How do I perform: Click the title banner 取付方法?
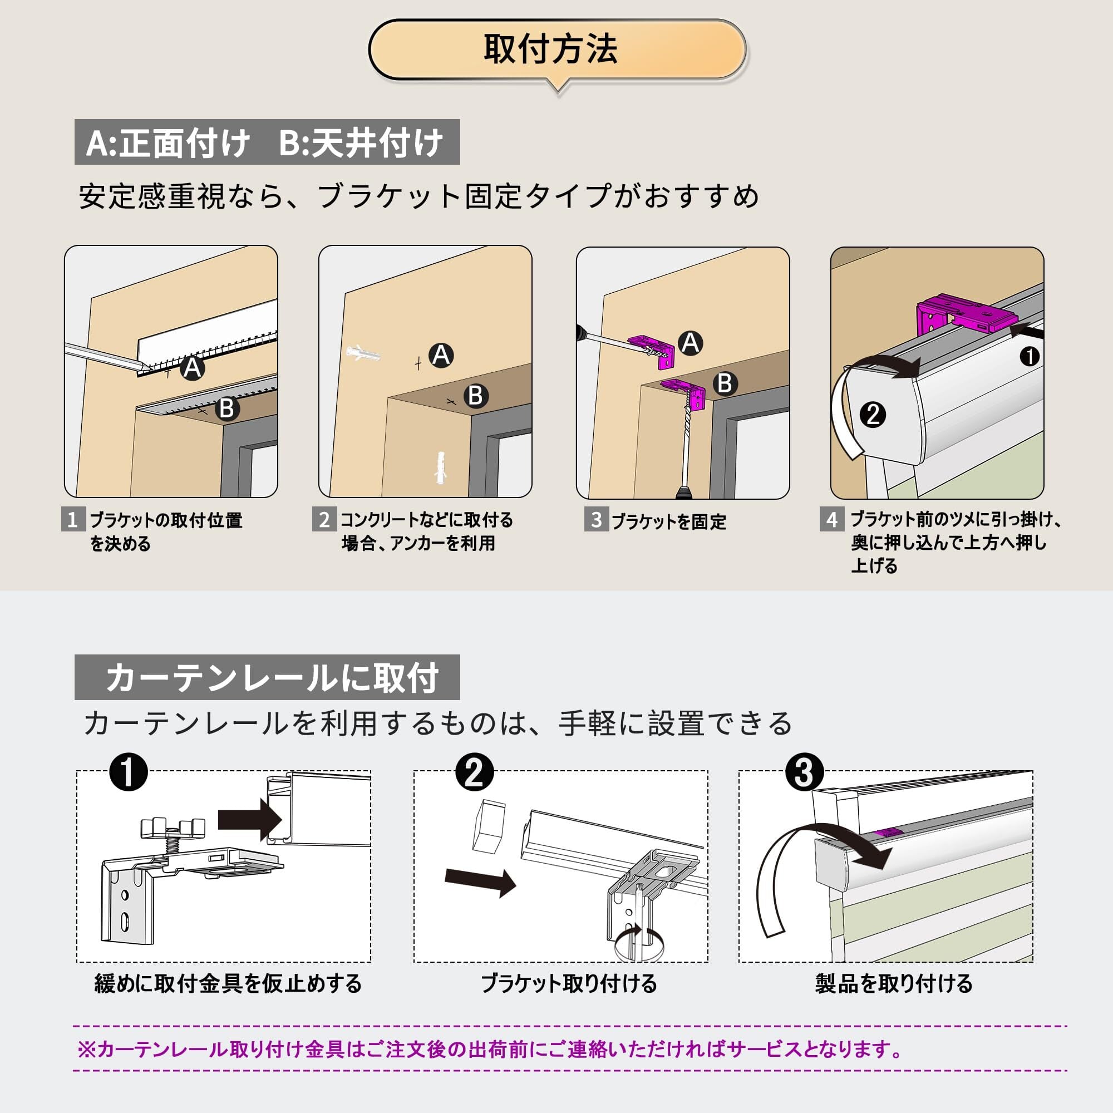pyautogui.click(x=556, y=50)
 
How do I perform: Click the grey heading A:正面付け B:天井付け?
pyautogui.click(x=267, y=142)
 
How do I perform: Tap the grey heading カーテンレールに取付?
pyautogui.click(x=267, y=677)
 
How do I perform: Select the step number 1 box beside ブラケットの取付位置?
pyautogui.click(x=73, y=520)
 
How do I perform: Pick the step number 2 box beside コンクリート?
pyautogui.click(x=324, y=520)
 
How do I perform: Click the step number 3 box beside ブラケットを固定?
pyautogui.click(x=596, y=520)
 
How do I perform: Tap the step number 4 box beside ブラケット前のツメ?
pyautogui.click(x=832, y=520)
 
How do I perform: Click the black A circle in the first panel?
pyautogui.click(x=193, y=367)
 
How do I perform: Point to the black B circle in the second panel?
pyautogui.click(x=476, y=396)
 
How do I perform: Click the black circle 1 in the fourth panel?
pyautogui.click(x=1030, y=357)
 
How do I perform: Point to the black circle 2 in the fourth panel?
pyautogui.click(x=873, y=415)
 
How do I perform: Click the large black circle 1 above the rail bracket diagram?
pyautogui.click(x=129, y=772)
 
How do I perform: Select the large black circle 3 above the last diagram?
pyautogui.click(x=804, y=772)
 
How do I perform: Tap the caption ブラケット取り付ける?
pyautogui.click(x=569, y=983)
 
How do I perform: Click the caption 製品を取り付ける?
pyautogui.click(x=894, y=983)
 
